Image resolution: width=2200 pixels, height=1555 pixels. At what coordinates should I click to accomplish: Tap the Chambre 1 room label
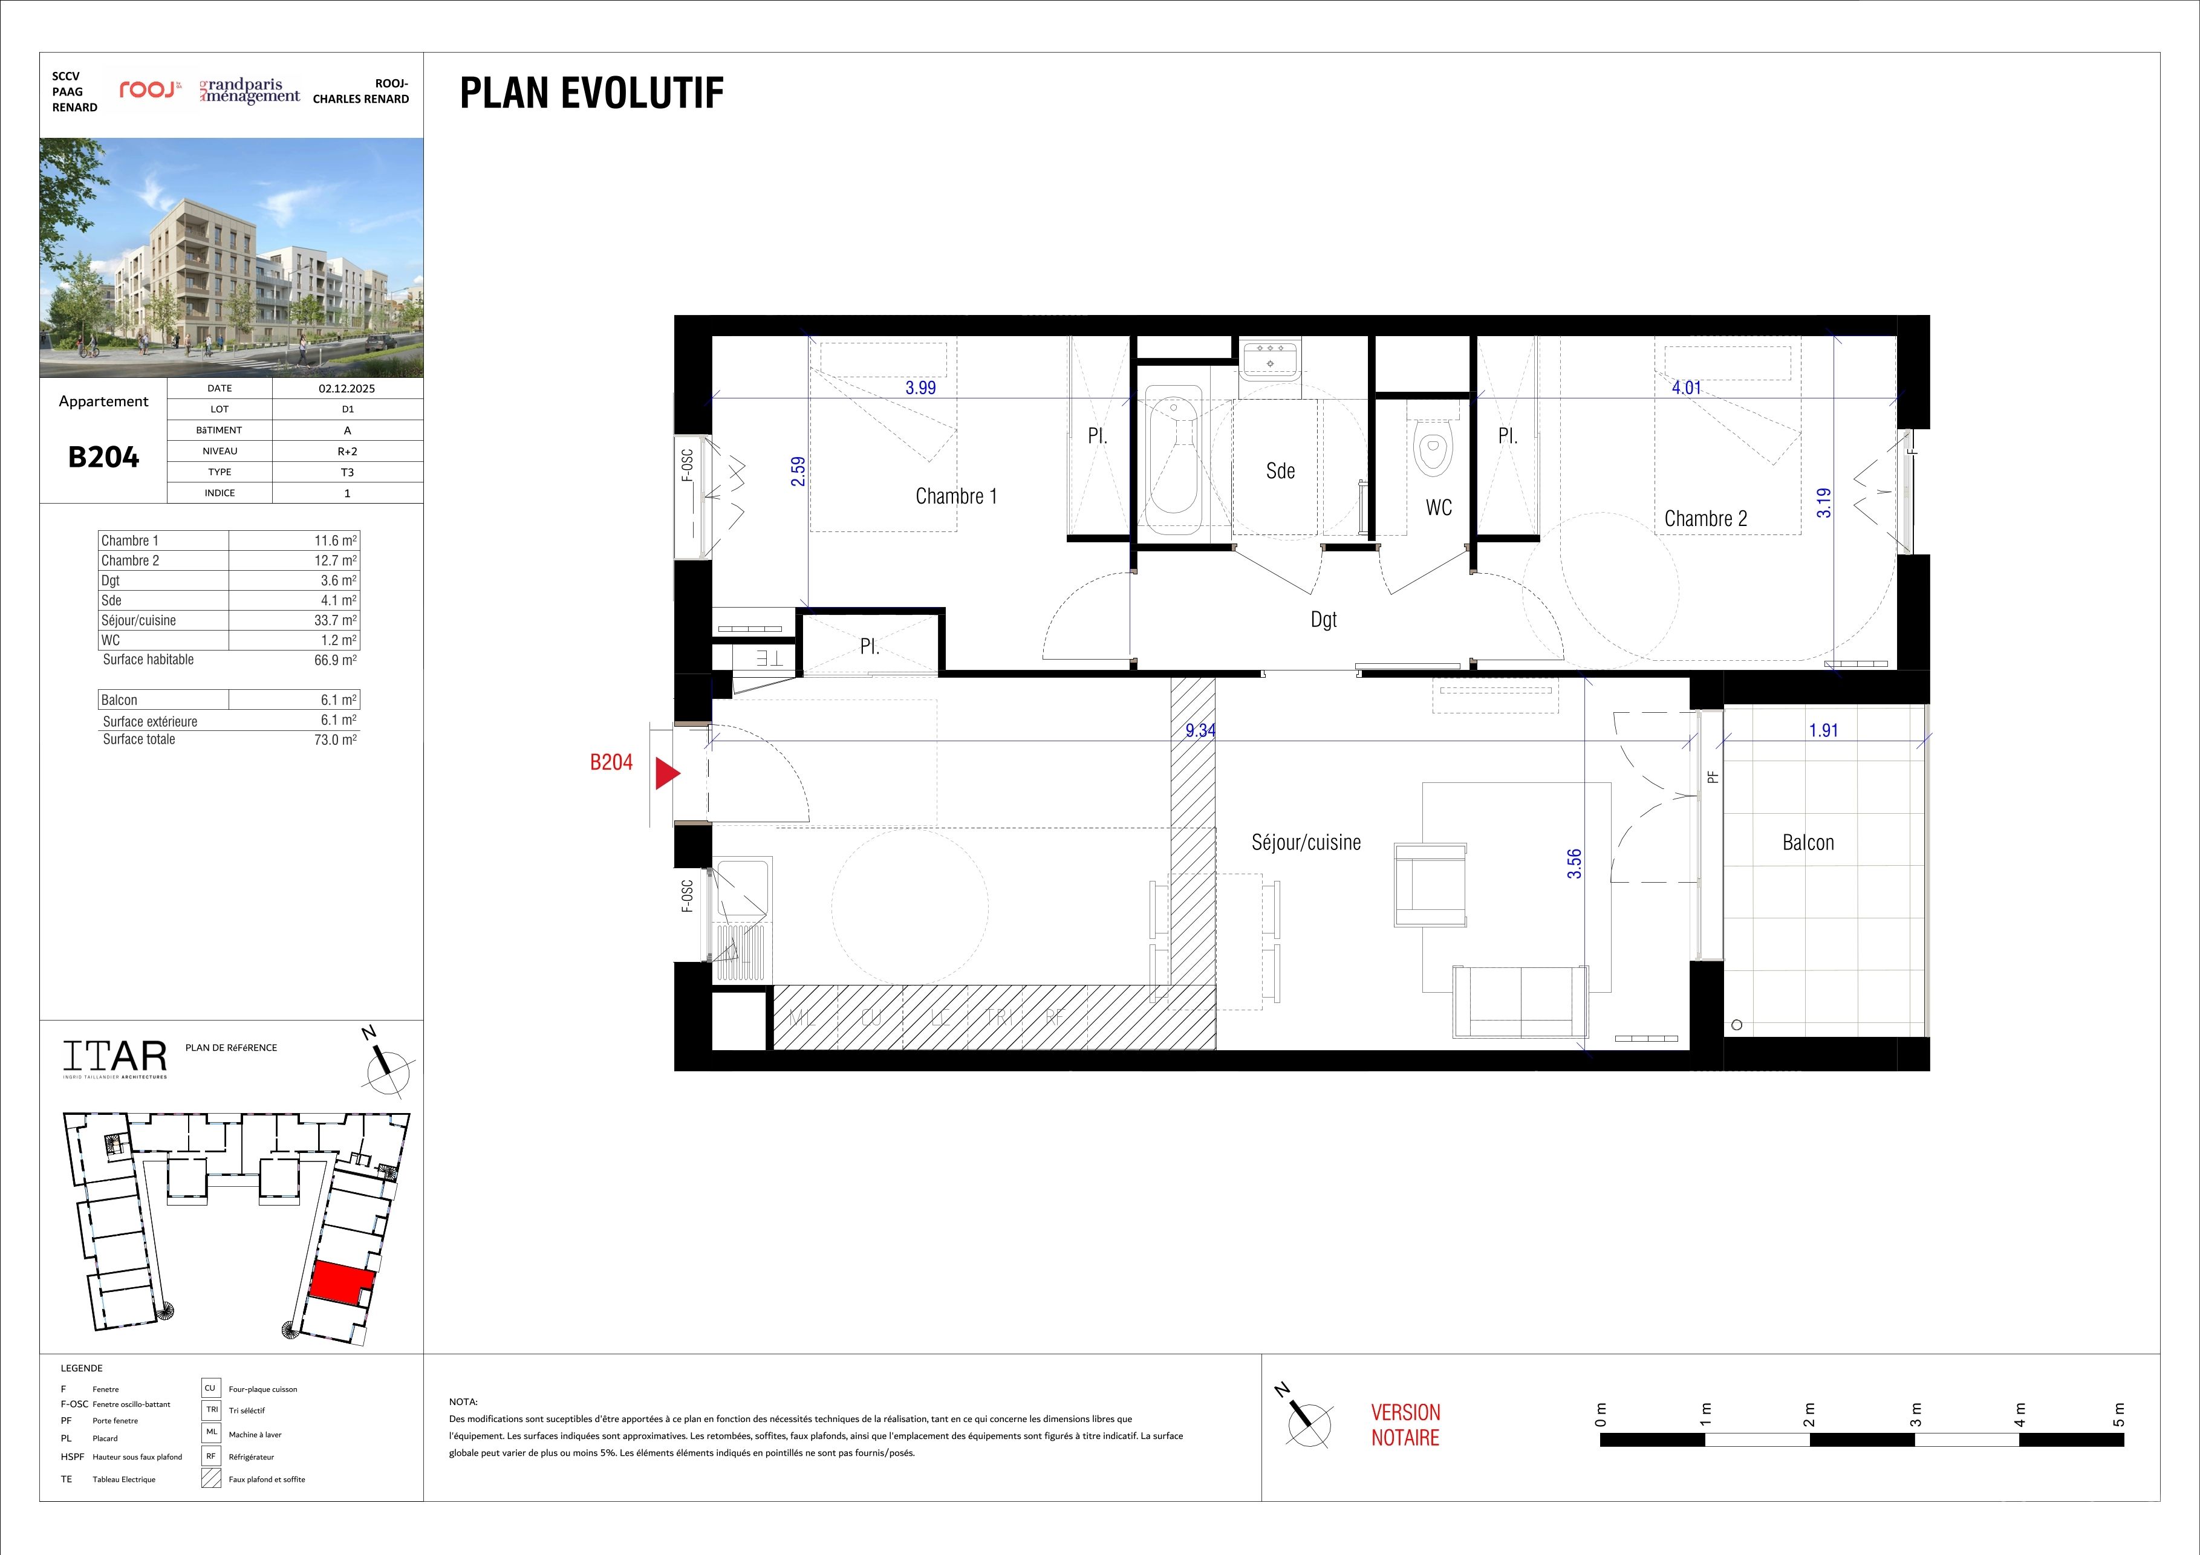pyautogui.click(x=956, y=496)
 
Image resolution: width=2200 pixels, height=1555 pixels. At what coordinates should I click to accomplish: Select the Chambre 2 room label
pyautogui.click(x=1705, y=518)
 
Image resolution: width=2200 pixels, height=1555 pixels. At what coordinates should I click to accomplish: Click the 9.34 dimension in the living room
pyautogui.click(x=1200, y=730)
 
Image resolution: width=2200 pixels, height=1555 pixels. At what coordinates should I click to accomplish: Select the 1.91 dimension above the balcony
pyautogui.click(x=1823, y=730)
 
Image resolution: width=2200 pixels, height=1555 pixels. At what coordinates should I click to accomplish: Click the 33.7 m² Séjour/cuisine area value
pyautogui.click(x=336, y=620)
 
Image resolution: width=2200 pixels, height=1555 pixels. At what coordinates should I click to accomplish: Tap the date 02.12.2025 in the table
pyautogui.click(x=347, y=389)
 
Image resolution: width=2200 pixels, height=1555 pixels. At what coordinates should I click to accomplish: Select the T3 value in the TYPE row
pyautogui.click(x=347, y=472)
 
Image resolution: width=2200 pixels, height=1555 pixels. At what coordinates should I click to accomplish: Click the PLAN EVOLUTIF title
pyautogui.click(x=592, y=93)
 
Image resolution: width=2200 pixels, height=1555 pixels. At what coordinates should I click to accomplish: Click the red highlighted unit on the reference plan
pyautogui.click(x=341, y=1282)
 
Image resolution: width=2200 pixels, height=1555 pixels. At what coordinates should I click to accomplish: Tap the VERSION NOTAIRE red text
pyautogui.click(x=1405, y=1424)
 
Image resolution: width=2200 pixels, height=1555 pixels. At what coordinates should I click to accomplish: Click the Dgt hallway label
pyautogui.click(x=1323, y=620)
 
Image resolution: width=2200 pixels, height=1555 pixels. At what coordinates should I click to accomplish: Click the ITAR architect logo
pyautogui.click(x=115, y=1058)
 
